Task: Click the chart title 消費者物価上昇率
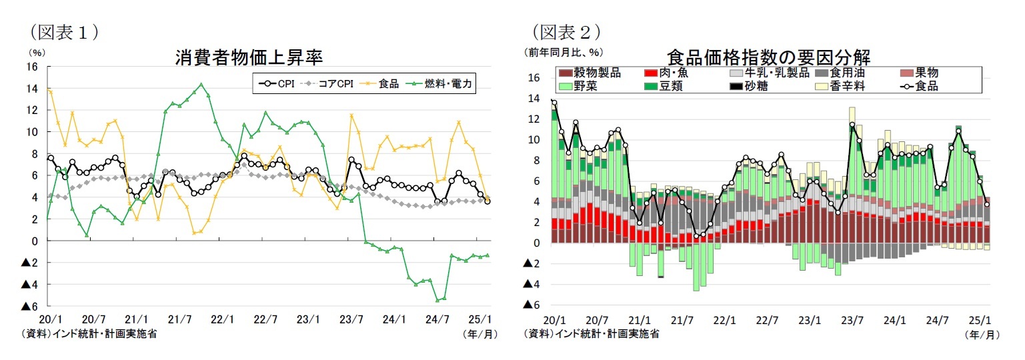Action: point(249,57)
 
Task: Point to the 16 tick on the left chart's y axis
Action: point(32,67)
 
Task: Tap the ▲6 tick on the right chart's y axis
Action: point(532,305)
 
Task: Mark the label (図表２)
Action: point(566,31)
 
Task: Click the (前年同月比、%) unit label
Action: point(564,52)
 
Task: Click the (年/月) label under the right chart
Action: point(983,334)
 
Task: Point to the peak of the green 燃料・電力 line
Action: point(201,84)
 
